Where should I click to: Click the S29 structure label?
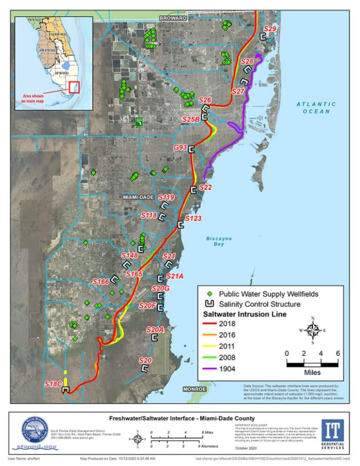[x=270, y=29]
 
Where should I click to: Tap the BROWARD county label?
[x=173, y=18]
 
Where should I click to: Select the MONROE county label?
[x=195, y=389]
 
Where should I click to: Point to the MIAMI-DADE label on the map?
[x=139, y=197]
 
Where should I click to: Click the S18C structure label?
[x=53, y=384]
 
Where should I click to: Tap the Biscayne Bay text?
[x=219, y=241]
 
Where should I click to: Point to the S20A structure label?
[x=155, y=330]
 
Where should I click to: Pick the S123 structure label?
[x=193, y=218]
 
